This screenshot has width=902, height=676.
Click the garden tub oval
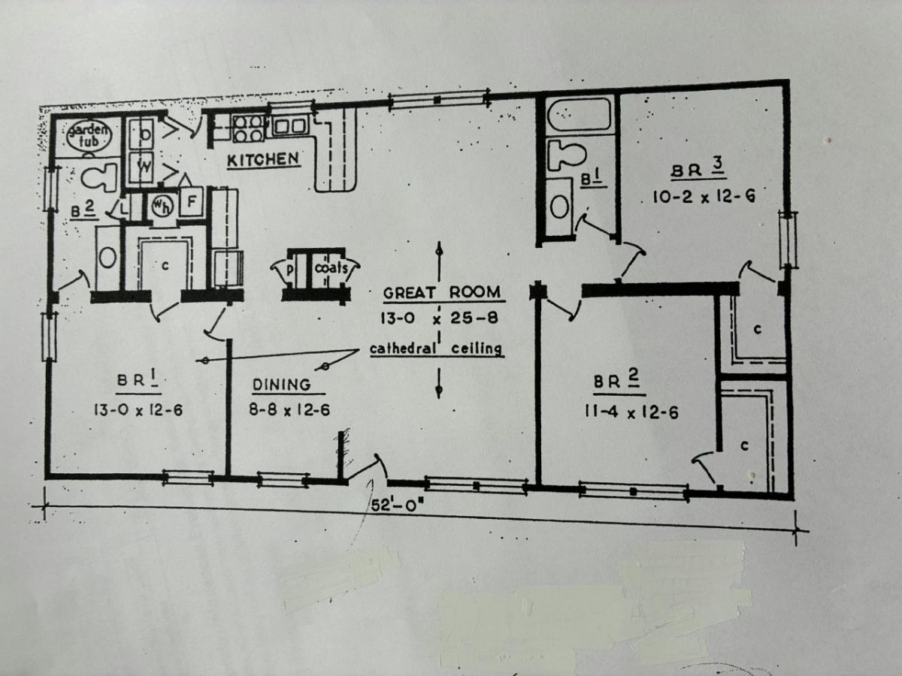pos(89,134)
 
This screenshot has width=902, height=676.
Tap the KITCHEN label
pos(264,159)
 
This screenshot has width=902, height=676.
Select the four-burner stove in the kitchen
pos(248,128)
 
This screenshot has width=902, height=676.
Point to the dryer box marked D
pos(144,135)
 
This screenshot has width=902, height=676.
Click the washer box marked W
pos(143,167)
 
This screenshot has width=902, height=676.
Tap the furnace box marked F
pos(192,202)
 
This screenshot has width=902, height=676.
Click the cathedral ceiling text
pos(436,349)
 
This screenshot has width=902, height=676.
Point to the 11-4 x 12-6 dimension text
pos(631,412)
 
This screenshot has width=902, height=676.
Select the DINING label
pos(280,385)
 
